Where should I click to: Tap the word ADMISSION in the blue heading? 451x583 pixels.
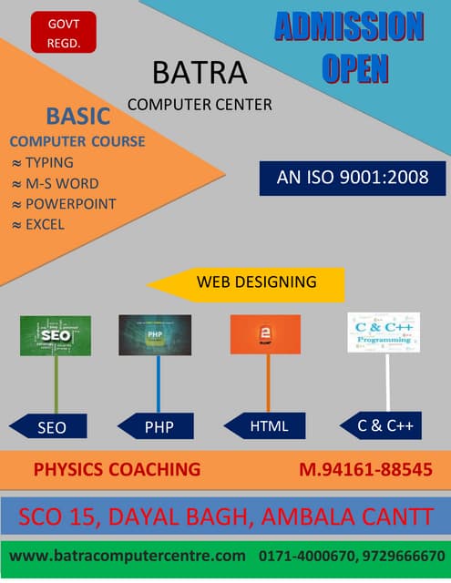pos(350,27)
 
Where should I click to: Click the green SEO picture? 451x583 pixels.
pos(55,334)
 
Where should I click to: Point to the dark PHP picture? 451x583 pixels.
pos(155,334)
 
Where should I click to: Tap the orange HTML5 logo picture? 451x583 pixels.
pos(265,334)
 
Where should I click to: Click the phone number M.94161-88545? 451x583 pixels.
pos(364,470)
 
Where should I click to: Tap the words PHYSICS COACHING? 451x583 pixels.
pos(117,470)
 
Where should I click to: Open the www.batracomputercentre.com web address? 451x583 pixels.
pos(128,555)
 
